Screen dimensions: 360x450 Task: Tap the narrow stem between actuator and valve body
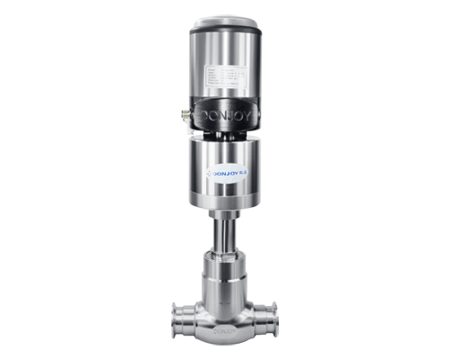point(225,236)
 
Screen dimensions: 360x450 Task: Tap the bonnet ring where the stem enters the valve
point(225,258)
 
